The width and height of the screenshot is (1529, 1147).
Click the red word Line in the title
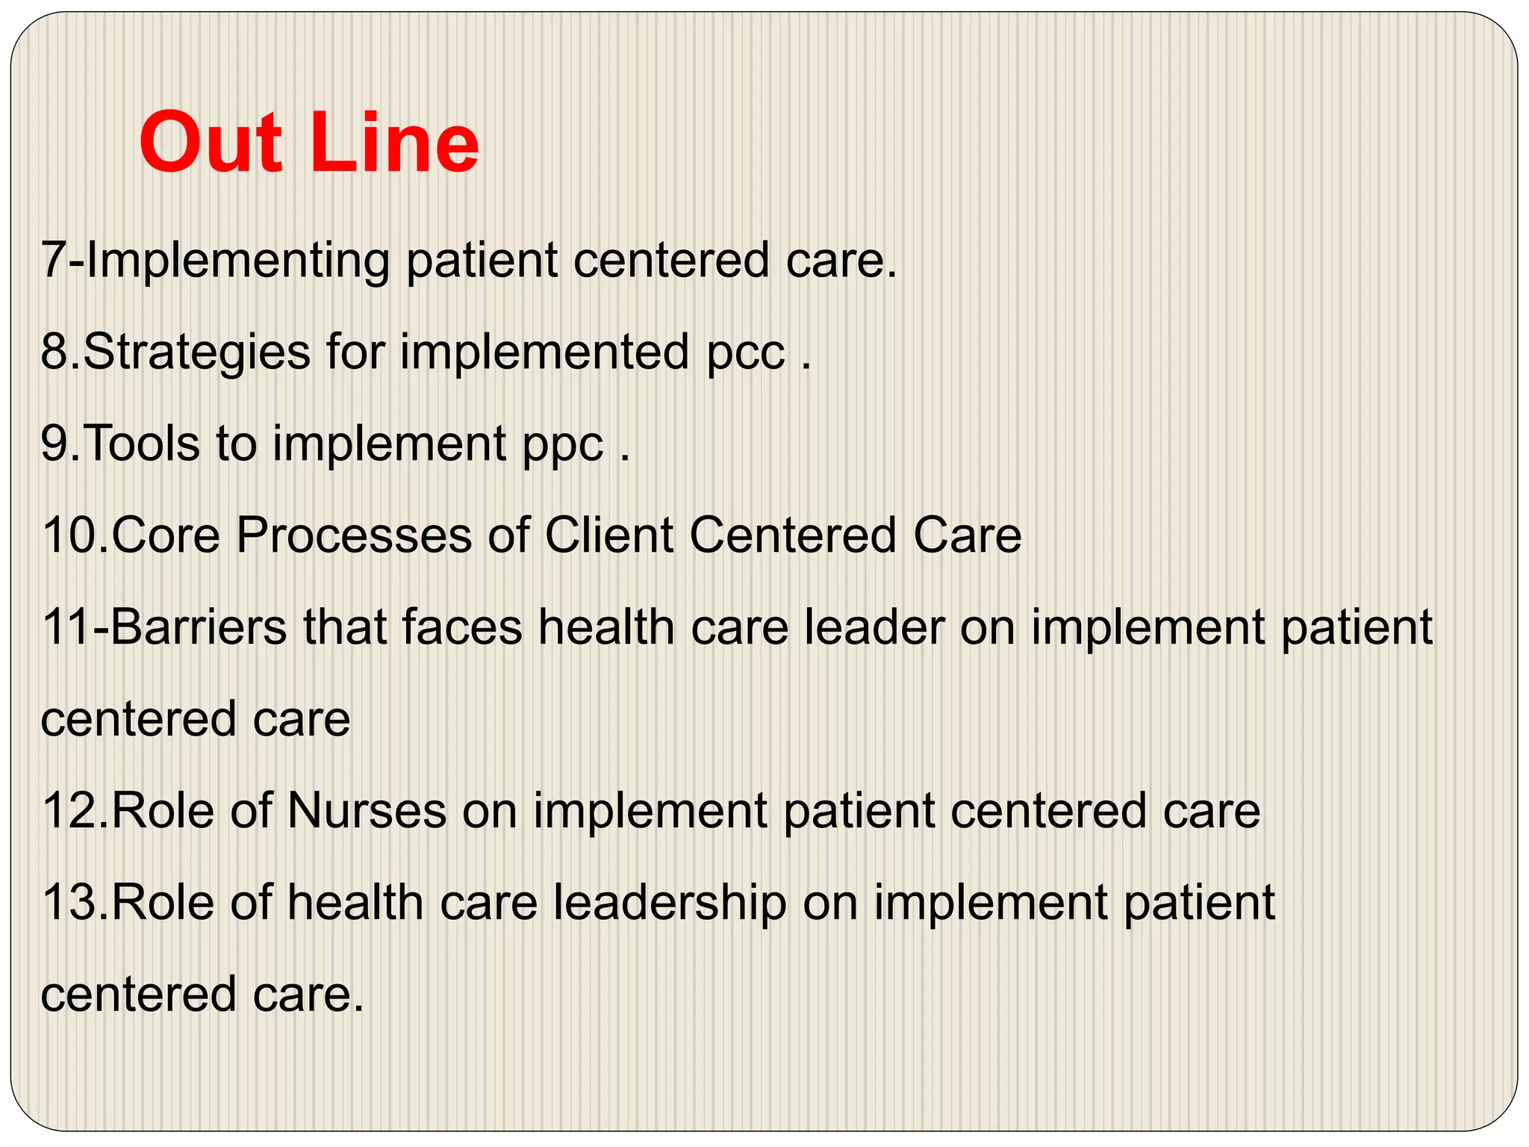click(x=400, y=142)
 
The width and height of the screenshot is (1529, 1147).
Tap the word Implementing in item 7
click(x=239, y=261)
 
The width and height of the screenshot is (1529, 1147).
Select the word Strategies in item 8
click(x=196, y=352)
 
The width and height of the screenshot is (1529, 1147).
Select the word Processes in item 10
click(x=354, y=535)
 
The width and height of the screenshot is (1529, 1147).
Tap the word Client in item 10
click(x=609, y=535)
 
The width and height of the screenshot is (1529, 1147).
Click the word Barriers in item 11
click(x=198, y=627)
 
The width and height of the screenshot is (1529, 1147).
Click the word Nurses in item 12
click(x=366, y=811)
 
